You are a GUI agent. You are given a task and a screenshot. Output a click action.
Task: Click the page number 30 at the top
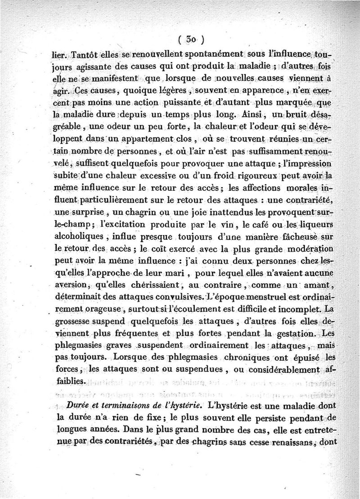[191, 39]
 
